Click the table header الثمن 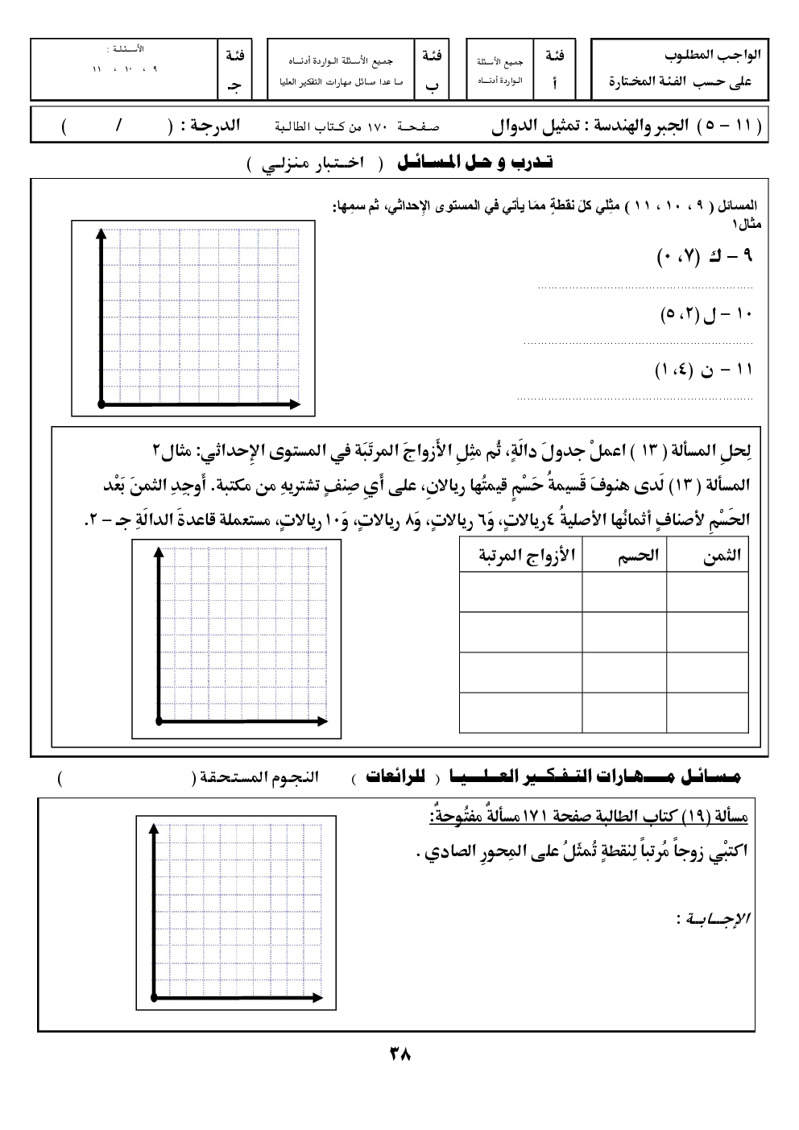pyautogui.click(x=721, y=557)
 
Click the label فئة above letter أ pyautogui.click(x=554, y=56)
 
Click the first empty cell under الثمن pyautogui.click(x=709, y=592)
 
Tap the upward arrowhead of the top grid pyautogui.click(x=101, y=234)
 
